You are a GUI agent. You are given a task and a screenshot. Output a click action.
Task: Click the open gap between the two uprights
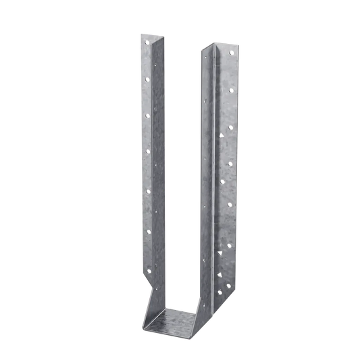click(179, 169)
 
